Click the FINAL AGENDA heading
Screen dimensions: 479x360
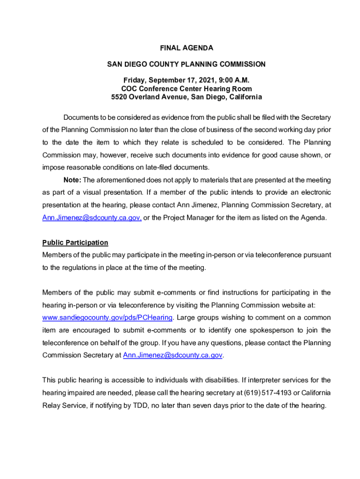click(187, 48)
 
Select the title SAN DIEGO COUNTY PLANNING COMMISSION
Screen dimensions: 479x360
click(187, 64)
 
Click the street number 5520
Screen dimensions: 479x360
click(120, 97)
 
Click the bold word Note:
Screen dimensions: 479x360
click(72, 180)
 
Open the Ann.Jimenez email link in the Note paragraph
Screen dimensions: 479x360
click(92, 218)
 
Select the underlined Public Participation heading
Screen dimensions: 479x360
click(75, 242)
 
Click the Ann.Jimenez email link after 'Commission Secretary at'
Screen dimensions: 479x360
click(173, 355)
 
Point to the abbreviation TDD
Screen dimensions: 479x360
click(142, 406)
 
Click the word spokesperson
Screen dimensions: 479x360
click(272, 330)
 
